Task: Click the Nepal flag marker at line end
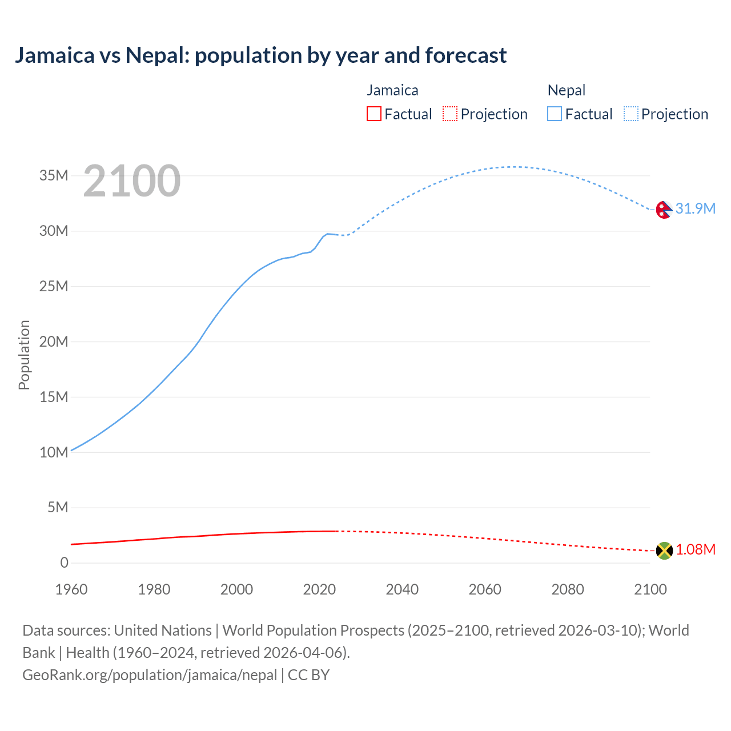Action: click(x=664, y=210)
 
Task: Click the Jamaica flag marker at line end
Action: click(x=664, y=551)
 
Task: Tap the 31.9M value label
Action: click(x=695, y=209)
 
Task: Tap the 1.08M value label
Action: click(x=696, y=550)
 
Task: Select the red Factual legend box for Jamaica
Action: click(x=373, y=114)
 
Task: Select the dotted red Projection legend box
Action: click(x=450, y=114)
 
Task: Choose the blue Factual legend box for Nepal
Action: click(x=555, y=114)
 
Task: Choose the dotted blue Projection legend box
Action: click(x=631, y=114)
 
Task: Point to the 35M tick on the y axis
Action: click(x=54, y=176)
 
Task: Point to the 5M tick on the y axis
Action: click(x=58, y=508)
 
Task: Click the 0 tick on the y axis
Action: click(x=64, y=563)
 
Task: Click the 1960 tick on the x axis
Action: click(x=71, y=589)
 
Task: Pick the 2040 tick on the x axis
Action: click(x=402, y=589)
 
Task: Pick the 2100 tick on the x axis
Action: click(x=650, y=589)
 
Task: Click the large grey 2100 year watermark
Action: click(x=132, y=181)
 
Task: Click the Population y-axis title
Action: click(x=24, y=355)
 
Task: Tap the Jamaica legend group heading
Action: click(x=392, y=90)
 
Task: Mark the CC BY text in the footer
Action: click(x=309, y=675)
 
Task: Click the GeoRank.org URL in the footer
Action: click(x=150, y=675)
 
